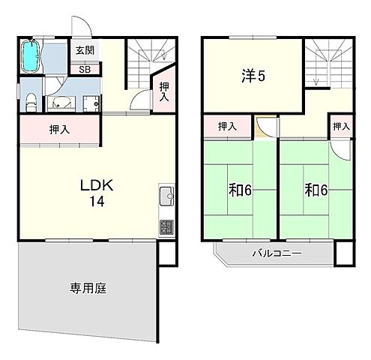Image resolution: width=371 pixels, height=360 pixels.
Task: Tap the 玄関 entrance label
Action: click(x=83, y=51)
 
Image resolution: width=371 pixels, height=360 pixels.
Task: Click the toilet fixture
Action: click(x=29, y=101)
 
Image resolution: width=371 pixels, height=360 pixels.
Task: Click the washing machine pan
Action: click(x=91, y=103)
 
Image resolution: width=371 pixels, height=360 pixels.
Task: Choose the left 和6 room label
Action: click(x=240, y=190)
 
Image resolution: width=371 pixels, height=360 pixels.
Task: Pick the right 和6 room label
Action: click(x=316, y=190)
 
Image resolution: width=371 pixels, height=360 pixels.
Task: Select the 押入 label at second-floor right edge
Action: click(x=341, y=127)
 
